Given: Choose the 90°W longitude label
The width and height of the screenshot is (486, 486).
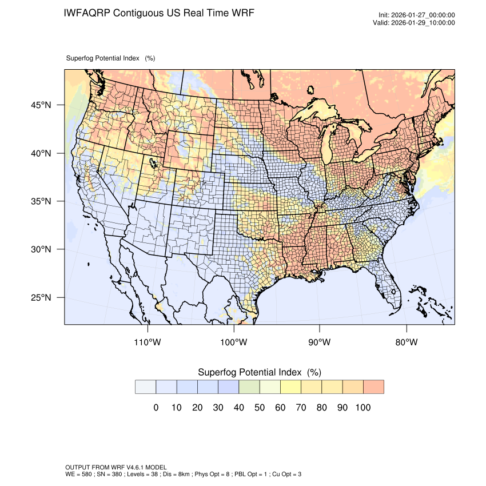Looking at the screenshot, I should [x=320, y=342].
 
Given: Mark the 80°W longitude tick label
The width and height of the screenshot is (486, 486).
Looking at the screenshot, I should [x=406, y=342].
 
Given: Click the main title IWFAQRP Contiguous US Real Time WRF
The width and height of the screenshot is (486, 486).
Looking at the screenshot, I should [x=159, y=13].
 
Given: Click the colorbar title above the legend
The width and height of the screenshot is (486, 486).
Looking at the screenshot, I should [x=259, y=372].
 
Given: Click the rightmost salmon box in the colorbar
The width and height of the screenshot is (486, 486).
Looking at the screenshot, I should [x=373, y=387].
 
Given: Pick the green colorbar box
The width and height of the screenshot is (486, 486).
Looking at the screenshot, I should [x=249, y=387].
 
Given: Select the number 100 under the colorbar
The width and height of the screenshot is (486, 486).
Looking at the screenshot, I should [x=362, y=408].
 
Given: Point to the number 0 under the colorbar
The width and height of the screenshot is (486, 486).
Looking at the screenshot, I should [x=156, y=408].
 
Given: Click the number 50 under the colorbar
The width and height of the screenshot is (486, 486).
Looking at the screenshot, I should [x=259, y=408].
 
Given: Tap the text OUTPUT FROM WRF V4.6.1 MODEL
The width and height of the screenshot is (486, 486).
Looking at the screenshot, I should [x=116, y=468].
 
